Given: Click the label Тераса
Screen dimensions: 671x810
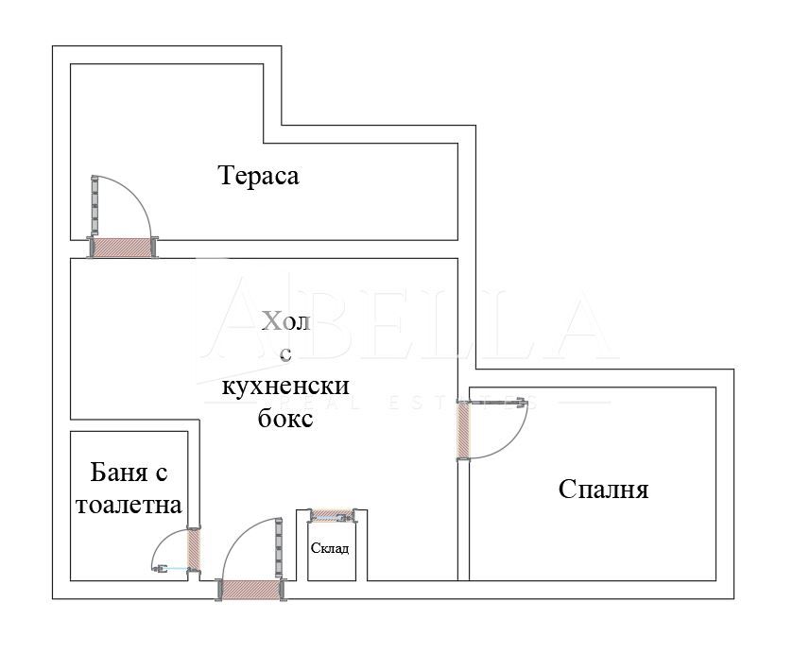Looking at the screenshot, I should (258, 176).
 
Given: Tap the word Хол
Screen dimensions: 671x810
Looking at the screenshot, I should (285, 322).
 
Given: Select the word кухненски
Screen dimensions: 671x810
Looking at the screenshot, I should (285, 387).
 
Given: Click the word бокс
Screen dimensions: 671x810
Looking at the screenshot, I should (285, 419).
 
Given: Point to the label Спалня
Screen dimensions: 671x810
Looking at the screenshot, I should (603, 490).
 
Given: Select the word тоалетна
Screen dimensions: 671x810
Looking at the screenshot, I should (128, 505).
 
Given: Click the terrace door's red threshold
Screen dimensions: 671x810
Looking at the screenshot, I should (124, 248).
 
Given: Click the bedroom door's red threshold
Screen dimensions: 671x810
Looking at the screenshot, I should (463, 430).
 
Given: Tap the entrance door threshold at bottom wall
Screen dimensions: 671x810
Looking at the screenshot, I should (252, 590).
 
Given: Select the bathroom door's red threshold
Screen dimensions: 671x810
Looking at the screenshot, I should (195, 548).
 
